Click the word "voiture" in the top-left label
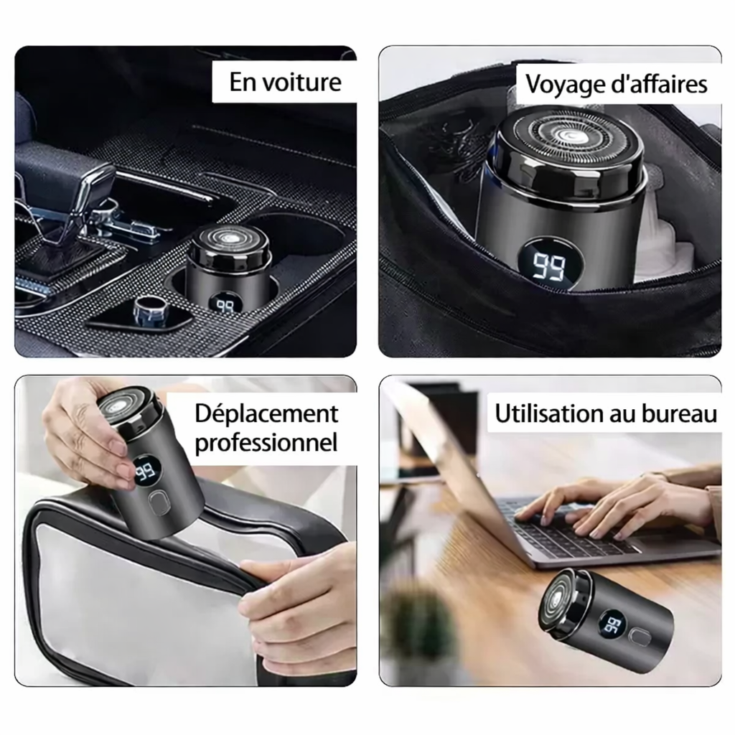[301, 83]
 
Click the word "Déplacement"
[266, 414]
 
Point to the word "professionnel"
[266, 443]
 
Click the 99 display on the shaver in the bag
[549, 266]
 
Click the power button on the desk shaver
[640, 637]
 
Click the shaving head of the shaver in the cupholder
[229, 238]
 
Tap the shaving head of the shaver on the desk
[561, 601]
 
